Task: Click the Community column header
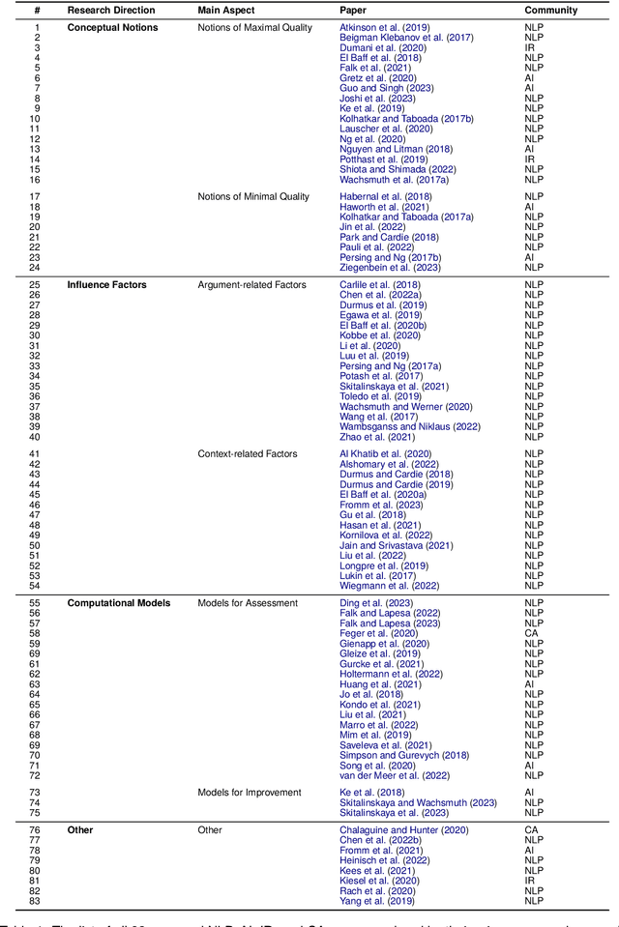click(551, 10)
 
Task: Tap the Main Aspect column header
click(228, 10)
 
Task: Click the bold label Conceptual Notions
click(112, 27)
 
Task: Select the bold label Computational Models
click(118, 603)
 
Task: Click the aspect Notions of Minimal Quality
click(253, 196)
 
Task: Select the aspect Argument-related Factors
click(251, 285)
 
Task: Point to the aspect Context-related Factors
click(248, 453)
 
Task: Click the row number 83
click(37, 900)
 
